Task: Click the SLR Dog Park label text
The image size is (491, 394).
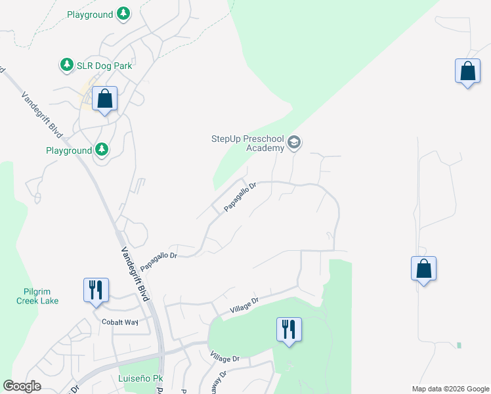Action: pyautogui.click(x=105, y=66)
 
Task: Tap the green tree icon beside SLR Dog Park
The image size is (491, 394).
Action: pyautogui.click(x=66, y=65)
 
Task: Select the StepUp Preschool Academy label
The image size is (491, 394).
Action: pyautogui.click(x=247, y=143)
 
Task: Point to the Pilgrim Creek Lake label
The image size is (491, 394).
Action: pyautogui.click(x=37, y=295)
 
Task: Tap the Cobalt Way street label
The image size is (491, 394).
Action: pyautogui.click(x=120, y=322)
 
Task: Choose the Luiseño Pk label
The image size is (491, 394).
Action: pyautogui.click(x=139, y=379)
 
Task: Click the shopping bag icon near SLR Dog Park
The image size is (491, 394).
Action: pyautogui.click(x=104, y=99)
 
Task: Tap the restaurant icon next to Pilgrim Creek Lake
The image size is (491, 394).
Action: pyautogui.click(x=96, y=290)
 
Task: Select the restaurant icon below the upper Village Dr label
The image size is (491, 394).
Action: pyautogui.click(x=289, y=329)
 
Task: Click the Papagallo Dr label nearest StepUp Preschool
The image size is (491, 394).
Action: pyautogui.click(x=239, y=197)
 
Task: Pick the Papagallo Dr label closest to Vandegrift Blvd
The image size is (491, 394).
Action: pyautogui.click(x=159, y=255)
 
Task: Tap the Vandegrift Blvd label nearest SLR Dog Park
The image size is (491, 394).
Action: pyautogui.click(x=42, y=114)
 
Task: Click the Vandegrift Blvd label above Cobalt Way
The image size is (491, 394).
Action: pyautogui.click(x=136, y=273)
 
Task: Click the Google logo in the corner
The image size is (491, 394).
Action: pyautogui.click(x=22, y=386)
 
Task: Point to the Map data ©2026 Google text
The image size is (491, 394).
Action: pyautogui.click(x=450, y=389)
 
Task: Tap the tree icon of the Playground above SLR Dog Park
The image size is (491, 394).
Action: pyautogui.click(x=123, y=14)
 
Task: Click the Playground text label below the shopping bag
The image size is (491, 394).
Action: pyautogui.click(x=69, y=150)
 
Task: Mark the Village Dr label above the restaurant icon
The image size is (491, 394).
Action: pyautogui.click(x=245, y=305)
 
